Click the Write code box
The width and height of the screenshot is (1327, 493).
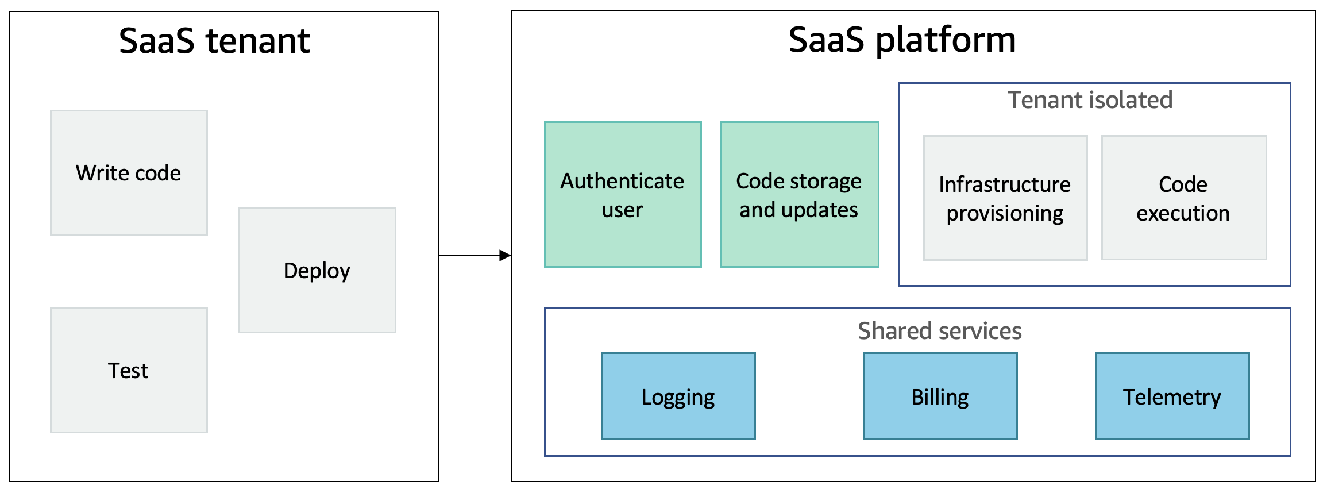tap(129, 172)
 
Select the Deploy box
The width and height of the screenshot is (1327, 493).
tap(317, 270)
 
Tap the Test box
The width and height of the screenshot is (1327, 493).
tap(129, 370)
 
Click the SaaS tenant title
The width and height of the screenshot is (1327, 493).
tap(214, 41)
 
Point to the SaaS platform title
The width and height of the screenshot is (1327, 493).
tap(902, 40)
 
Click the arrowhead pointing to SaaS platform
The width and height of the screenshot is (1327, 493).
tap(505, 255)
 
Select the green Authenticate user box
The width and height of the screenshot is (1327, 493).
tap(623, 194)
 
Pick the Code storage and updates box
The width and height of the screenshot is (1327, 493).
tap(799, 194)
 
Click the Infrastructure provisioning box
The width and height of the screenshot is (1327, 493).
tap(1005, 198)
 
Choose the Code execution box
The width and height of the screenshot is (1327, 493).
tap(1183, 198)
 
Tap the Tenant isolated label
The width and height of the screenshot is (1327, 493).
tap(1090, 100)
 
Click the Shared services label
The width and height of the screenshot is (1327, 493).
tap(940, 331)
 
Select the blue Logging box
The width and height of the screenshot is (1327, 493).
tap(678, 396)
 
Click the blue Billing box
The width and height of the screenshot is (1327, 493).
tap(940, 396)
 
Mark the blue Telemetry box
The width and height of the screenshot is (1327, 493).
tap(1172, 396)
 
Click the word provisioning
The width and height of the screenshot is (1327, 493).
tap(1005, 214)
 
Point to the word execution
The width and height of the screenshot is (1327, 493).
tap(1183, 213)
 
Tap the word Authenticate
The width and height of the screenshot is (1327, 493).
tap(623, 181)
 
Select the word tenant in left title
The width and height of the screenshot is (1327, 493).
tap(258, 41)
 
